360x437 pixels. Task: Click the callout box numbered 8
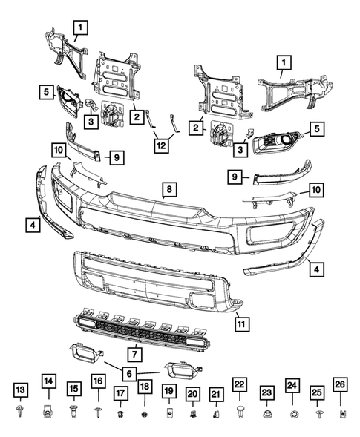(x=169, y=190)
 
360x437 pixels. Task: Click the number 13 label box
(x=21, y=390)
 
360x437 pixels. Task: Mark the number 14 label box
(x=48, y=384)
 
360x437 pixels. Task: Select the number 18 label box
(x=145, y=386)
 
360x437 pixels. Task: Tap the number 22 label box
(x=239, y=384)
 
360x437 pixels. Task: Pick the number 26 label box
(x=341, y=384)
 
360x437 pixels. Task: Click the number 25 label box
(x=317, y=390)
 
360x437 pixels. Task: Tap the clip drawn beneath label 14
(x=48, y=410)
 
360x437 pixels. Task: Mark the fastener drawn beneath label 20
(x=192, y=413)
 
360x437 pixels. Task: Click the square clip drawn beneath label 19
(x=169, y=413)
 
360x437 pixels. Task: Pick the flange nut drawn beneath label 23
(x=266, y=413)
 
